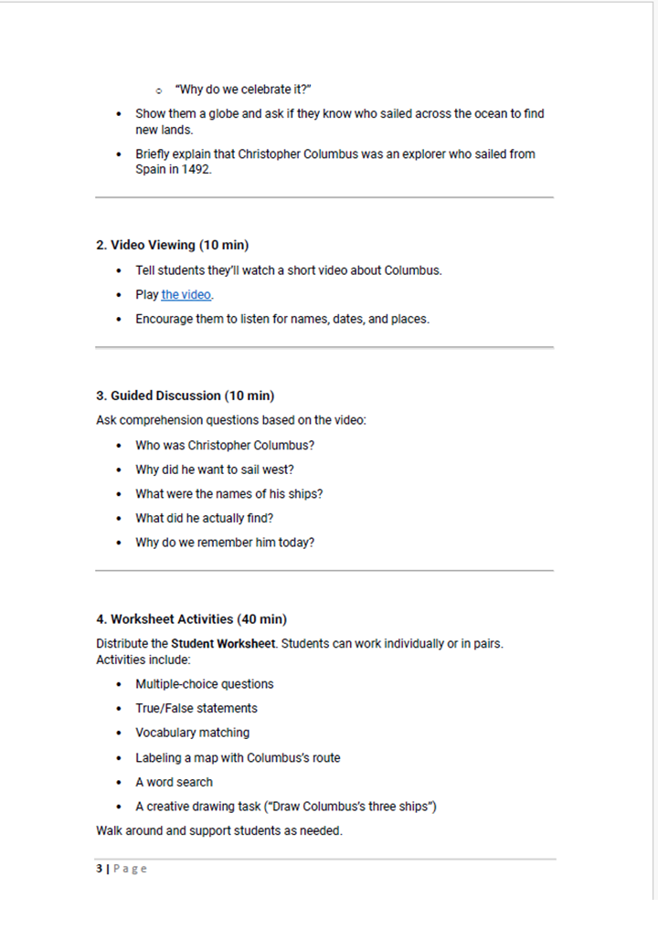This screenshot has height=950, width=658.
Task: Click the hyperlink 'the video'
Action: [x=186, y=295]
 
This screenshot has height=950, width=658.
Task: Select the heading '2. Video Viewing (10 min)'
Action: [x=173, y=245]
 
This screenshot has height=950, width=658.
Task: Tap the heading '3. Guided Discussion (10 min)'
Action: [x=185, y=396]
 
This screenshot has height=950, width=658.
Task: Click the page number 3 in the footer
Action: [x=99, y=869]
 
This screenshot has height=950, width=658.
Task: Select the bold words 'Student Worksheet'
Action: [x=223, y=643]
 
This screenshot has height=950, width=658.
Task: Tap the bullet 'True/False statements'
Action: [x=196, y=709]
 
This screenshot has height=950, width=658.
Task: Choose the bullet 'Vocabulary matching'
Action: [x=192, y=733]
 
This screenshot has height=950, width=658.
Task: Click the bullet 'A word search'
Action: [x=174, y=782]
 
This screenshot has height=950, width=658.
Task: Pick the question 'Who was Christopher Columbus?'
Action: [x=225, y=446]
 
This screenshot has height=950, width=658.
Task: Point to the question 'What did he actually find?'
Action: [x=205, y=518]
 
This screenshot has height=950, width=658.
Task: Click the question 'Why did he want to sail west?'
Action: [x=215, y=470]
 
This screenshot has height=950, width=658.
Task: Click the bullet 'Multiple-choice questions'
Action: [x=205, y=684]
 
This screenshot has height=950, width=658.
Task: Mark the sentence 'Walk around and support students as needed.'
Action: [x=219, y=831]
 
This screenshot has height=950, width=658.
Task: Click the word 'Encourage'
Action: [x=164, y=320]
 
